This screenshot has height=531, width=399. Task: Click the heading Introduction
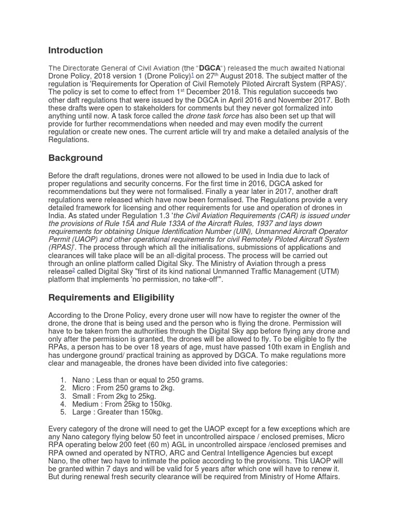[75, 50]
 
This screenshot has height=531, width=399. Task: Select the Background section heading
[75, 158]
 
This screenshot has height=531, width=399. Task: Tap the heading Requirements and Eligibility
[111, 298]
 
